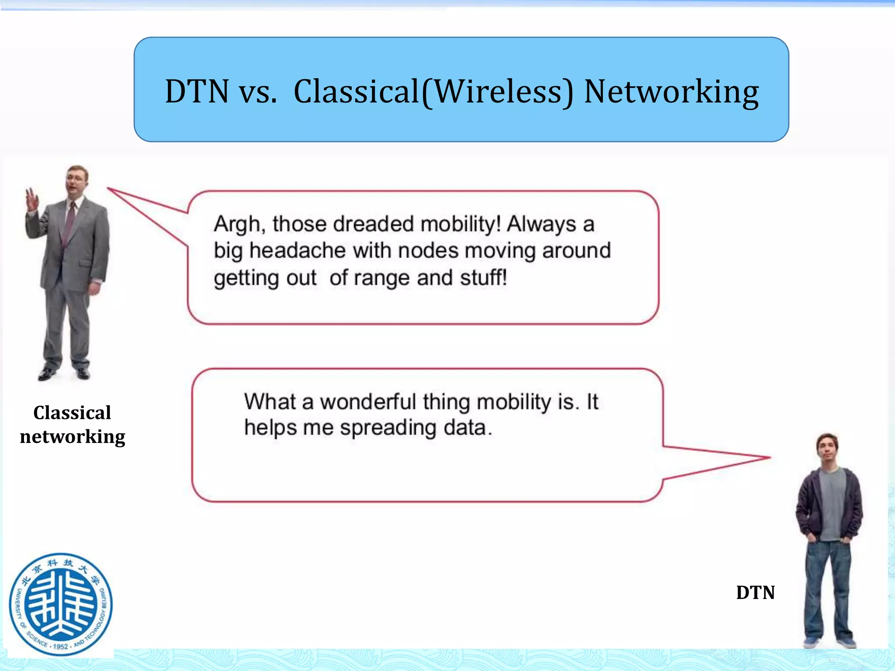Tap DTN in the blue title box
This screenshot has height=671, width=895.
coord(197,92)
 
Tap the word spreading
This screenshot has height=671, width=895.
coord(388,428)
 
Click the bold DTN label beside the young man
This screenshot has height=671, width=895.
coord(755,593)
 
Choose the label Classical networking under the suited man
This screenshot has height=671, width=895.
coord(73,425)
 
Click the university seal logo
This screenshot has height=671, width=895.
coord(61,605)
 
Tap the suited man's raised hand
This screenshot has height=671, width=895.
coord(32,199)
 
